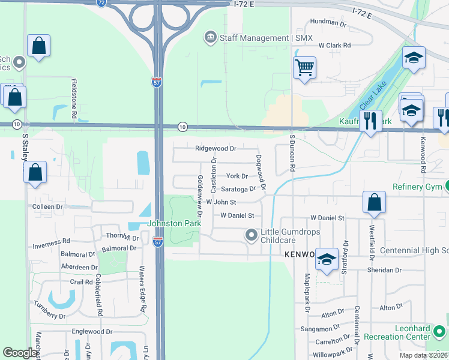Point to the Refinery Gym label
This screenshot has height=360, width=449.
pos(415,187)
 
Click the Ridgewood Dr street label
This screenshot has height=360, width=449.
pos(215,148)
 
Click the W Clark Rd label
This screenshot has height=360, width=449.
pos(334,46)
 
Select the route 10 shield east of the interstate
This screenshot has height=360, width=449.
pos(182,127)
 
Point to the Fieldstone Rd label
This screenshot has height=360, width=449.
pos(74,97)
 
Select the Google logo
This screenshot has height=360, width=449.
pos(20,353)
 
